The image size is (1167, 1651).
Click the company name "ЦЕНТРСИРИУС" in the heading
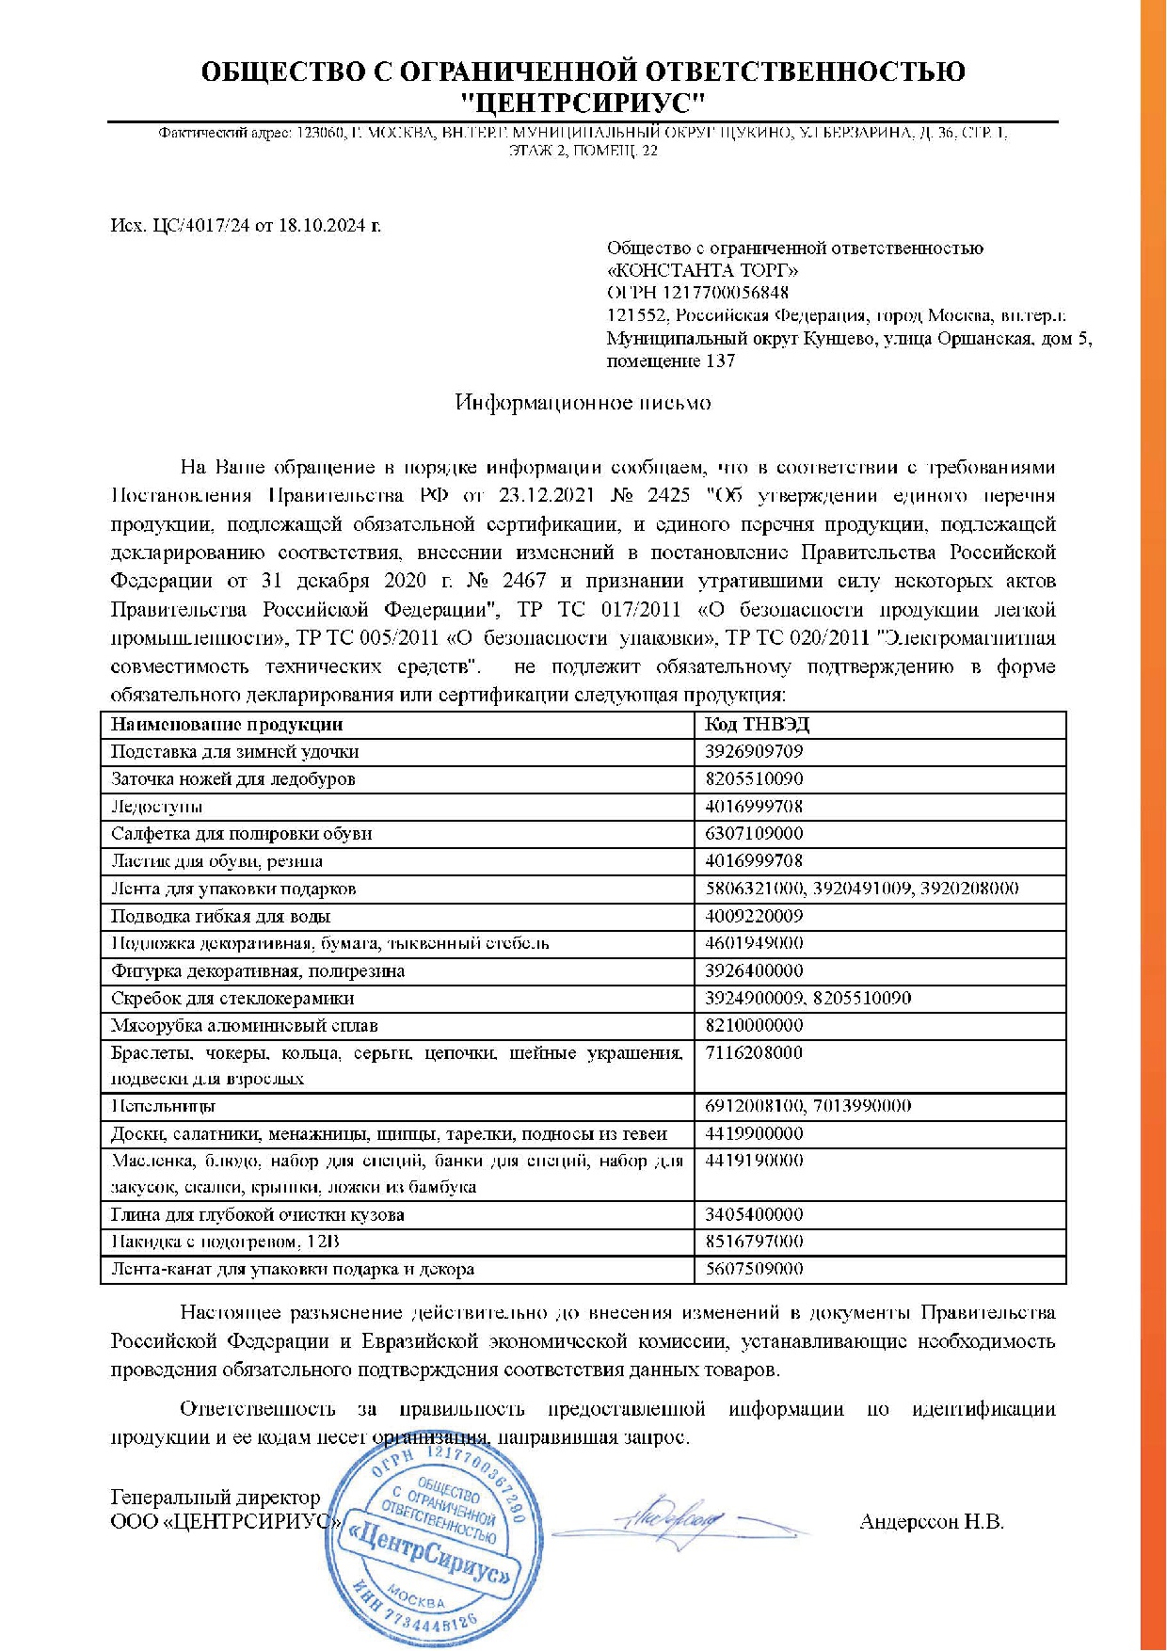(583, 102)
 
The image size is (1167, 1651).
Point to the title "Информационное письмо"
(583, 403)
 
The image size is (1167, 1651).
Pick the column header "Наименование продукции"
(227, 724)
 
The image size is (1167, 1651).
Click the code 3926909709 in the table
(754, 751)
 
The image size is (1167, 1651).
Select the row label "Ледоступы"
(156, 807)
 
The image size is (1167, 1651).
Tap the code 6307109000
(754, 833)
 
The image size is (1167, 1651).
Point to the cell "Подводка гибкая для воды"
(220, 916)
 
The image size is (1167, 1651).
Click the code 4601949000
(754, 943)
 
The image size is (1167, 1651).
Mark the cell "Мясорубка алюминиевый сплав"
(244, 1025)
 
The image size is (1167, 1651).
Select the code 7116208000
(754, 1052)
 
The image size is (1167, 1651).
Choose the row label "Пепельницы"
(163, 1106)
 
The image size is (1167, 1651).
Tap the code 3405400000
(754, 1214)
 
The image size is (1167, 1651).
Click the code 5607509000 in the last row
(754, 1269)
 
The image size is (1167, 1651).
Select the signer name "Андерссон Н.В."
(931, 1522)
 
